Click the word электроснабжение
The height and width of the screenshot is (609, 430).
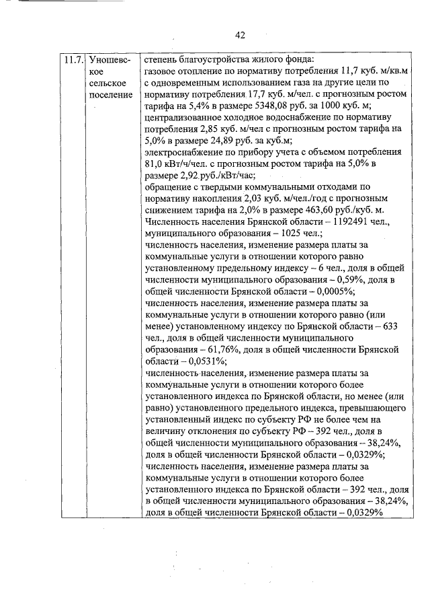coord(184,153)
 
